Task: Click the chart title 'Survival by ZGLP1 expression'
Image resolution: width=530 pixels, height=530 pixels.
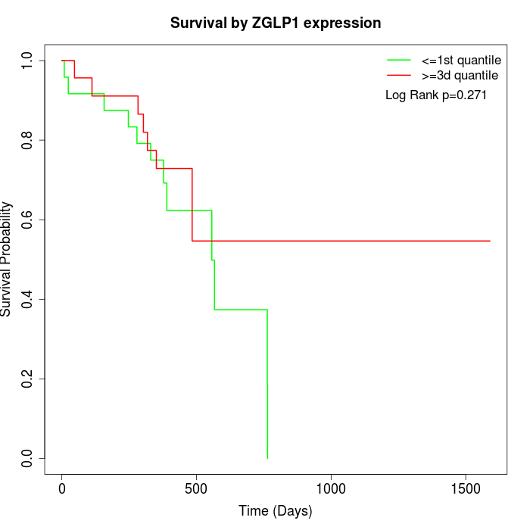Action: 276,23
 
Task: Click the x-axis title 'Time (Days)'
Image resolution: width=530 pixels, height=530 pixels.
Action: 276,511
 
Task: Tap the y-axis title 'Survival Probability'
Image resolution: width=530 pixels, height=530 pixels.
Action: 7,259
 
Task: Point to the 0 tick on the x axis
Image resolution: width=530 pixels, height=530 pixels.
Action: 62,488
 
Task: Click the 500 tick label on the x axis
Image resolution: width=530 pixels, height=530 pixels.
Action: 196,488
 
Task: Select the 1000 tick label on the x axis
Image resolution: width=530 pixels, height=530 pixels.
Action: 331,488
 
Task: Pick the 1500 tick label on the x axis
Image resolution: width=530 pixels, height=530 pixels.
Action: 465,488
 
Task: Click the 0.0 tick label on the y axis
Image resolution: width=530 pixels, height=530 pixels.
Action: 27,458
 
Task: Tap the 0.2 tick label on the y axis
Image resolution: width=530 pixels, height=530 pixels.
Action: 27,379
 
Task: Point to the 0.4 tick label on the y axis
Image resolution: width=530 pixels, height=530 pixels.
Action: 27,299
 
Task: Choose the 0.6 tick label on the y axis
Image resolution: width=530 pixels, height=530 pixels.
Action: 27,220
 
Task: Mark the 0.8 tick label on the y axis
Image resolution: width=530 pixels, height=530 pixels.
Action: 27,140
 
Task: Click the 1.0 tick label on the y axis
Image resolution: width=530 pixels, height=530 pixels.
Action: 27,61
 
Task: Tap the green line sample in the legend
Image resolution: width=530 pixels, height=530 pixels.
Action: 399,60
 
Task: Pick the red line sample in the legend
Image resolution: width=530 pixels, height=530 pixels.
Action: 399,75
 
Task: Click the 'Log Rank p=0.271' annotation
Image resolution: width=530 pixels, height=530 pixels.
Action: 436,95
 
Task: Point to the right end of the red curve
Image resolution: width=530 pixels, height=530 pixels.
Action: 490,241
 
